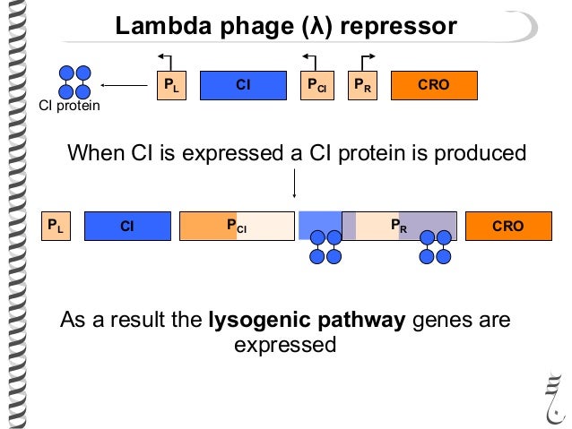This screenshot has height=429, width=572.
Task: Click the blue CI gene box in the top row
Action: pos(243,85)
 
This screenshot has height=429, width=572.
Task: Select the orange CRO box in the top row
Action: pos(434,85)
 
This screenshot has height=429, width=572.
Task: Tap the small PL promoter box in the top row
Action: pos(171,85)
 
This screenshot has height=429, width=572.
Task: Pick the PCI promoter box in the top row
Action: pos(317,85)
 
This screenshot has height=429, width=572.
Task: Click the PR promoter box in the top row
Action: pos(362,85)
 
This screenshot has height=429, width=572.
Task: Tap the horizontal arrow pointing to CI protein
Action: pos(124,85)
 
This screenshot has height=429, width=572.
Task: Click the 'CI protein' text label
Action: pos(69,106)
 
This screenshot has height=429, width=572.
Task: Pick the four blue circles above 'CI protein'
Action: pos(74,82)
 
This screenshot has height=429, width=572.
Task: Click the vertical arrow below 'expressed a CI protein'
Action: pos(294,184)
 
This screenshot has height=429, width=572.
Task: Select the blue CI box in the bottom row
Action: pos(127,226)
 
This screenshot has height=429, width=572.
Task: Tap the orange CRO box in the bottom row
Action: pos(508,226)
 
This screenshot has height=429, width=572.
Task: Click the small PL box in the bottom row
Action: pos(56,226)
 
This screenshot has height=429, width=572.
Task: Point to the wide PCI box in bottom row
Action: pos(237,226)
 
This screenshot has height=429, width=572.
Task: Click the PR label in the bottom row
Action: pos(399,226)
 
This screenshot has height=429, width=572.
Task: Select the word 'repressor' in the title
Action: pos(398,27)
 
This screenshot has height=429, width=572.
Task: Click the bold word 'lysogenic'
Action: pos(260,321)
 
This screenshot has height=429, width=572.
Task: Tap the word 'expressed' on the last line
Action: pos(285,345)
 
